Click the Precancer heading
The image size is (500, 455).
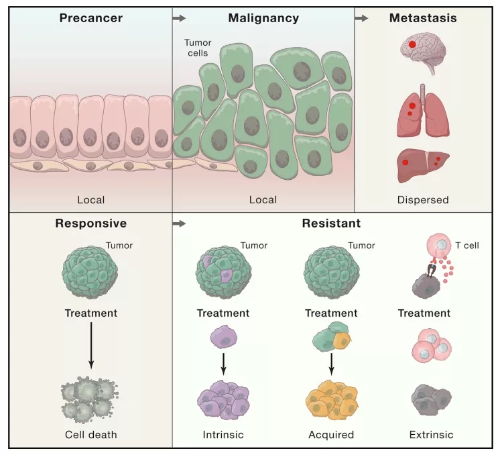point(90,18)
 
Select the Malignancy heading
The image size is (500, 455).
point(263,18)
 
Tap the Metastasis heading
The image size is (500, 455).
point(423,18)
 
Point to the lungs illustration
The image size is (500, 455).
point(422,111)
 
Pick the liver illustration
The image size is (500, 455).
point(422,165)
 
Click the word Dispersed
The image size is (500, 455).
point(423,199)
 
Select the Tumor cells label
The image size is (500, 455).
point(197,47)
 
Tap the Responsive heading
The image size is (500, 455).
point(90,223)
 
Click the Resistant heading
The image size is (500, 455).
point(330,223)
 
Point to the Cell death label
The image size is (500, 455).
point(90,434)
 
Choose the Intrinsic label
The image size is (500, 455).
point(223,434)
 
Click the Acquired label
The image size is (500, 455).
point(330,434)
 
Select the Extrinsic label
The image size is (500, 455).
point(431,434)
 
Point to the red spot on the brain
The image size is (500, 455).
point(412,44)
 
